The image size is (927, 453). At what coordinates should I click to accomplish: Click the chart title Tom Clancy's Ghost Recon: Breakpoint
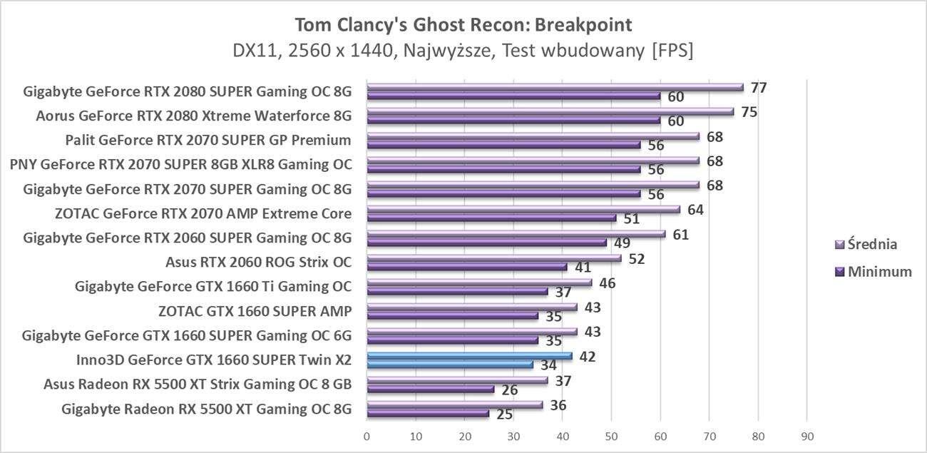coord(463,25)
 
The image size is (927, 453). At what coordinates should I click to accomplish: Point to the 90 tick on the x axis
coord(806,436)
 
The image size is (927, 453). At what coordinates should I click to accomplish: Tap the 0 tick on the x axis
coord(367,436)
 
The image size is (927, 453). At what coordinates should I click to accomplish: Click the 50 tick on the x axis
coord(611,436)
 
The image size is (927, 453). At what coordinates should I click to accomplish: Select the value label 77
coord(759,88)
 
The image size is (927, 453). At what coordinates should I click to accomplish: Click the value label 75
coord(749,112)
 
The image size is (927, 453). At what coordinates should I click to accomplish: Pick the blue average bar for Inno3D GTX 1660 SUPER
coord(469,356)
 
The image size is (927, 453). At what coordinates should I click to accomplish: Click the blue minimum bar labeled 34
coord(449,365)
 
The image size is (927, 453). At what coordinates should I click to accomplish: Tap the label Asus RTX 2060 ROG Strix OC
coord(258,262)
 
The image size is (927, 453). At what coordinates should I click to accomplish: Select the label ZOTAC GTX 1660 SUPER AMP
coord(255,311)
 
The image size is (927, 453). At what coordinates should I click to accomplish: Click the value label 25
coord(504,414)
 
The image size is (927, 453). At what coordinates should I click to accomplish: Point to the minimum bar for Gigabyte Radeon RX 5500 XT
coord(427,414)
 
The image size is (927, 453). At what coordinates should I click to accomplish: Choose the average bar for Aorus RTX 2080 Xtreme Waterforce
coord(550,112)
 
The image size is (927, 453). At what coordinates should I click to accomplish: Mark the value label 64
coord(695,210)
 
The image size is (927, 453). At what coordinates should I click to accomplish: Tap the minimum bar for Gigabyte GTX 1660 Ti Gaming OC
coord(457,292)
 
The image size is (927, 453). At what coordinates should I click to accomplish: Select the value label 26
coord(509,390)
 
